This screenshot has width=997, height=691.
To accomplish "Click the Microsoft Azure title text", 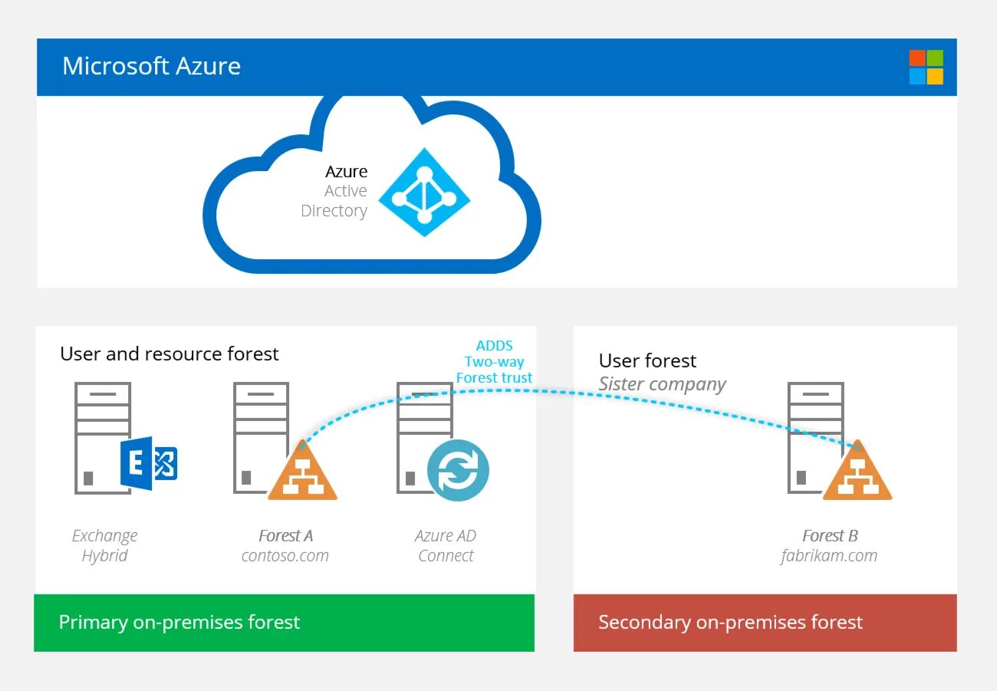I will click(x=151, y=66).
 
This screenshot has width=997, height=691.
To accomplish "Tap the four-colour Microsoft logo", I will click(x=926, y=67).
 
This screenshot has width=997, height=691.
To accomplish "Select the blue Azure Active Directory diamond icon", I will click(x=424, y=192).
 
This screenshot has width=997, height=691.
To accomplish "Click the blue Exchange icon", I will click(x=149, y=464).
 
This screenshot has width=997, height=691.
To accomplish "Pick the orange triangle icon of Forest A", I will click(x=302, y=473).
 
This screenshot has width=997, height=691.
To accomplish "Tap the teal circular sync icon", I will click(x=458, y=470).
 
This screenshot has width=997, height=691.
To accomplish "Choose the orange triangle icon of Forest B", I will click(x=857, y=473).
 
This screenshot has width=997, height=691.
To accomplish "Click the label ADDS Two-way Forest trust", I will click(x=494, y=362).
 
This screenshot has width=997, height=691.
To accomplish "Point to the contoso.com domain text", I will click(x=285, y=556).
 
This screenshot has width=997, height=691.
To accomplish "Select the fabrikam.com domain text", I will click(x=829, y=556).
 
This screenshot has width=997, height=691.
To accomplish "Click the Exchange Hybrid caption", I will click(x=104, y=545).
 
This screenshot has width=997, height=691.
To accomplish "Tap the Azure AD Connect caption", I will click(x=446, y=545).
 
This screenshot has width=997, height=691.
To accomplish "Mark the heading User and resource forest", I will click(x=169, y=354).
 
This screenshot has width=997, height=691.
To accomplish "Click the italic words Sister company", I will click(x=662, y=383).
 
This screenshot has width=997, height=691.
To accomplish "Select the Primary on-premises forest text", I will click(x=179, y=622).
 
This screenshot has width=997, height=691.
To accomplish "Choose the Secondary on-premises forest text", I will click(x=730, y=622).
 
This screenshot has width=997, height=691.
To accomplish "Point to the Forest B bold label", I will click(x=830, y=535).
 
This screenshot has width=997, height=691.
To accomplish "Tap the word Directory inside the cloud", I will click(x=334, y=211).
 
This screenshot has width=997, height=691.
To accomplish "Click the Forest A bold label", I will click(x=285, y=535).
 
